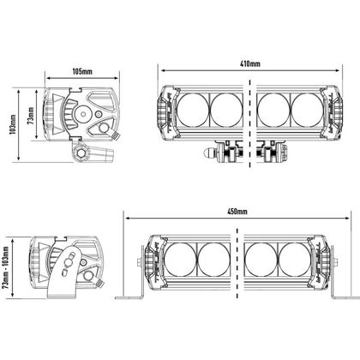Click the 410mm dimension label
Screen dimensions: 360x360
[249, 63]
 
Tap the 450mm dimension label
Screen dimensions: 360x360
[237, 212]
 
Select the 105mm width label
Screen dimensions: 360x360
[82, 71]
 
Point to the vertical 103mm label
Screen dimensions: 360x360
[13, 125]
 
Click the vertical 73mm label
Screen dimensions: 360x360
[31, 115]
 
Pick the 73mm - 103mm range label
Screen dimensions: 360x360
[6, 267]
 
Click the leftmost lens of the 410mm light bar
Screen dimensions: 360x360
[193, 110]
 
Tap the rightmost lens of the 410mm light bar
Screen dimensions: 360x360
[308, 110]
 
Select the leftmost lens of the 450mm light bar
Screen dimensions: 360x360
[181, 260]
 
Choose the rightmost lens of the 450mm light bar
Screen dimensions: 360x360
[294, 260]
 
